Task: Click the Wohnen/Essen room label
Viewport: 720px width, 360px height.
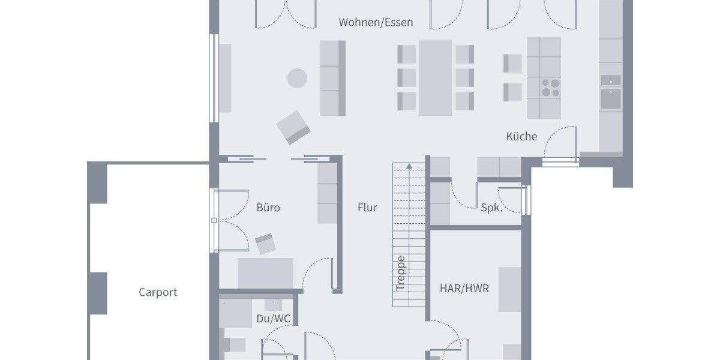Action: click(x=376, y=23)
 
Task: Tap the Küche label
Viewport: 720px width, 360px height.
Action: click(x=521, y=137)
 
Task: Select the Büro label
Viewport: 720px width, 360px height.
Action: click(x=268, y=208)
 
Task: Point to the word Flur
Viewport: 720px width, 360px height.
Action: click(x=367, y=208)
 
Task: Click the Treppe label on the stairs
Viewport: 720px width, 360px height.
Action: click(x=401, y=274)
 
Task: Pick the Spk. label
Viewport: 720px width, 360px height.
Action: click(x=492, y=208)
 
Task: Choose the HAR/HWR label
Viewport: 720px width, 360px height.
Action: click(x=464, y=289)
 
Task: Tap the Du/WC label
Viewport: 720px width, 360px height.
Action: click(x=274, y=319)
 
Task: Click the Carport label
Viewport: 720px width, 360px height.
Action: click(x=158, y=293)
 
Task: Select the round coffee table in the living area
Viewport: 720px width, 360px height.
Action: click(x=297, y=78)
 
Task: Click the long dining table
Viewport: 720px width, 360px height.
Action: click(x=436, y=77)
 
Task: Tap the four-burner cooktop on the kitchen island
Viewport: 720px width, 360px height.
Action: click(x=550, y=88)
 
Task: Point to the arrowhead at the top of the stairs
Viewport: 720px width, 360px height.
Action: click(x=409, y=165)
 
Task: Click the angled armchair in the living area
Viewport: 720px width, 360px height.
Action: click(x=294, y=127)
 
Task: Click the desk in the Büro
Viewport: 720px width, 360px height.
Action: click(x=266, y=273)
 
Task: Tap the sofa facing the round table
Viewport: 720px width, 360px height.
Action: click(x=333, y=78)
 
